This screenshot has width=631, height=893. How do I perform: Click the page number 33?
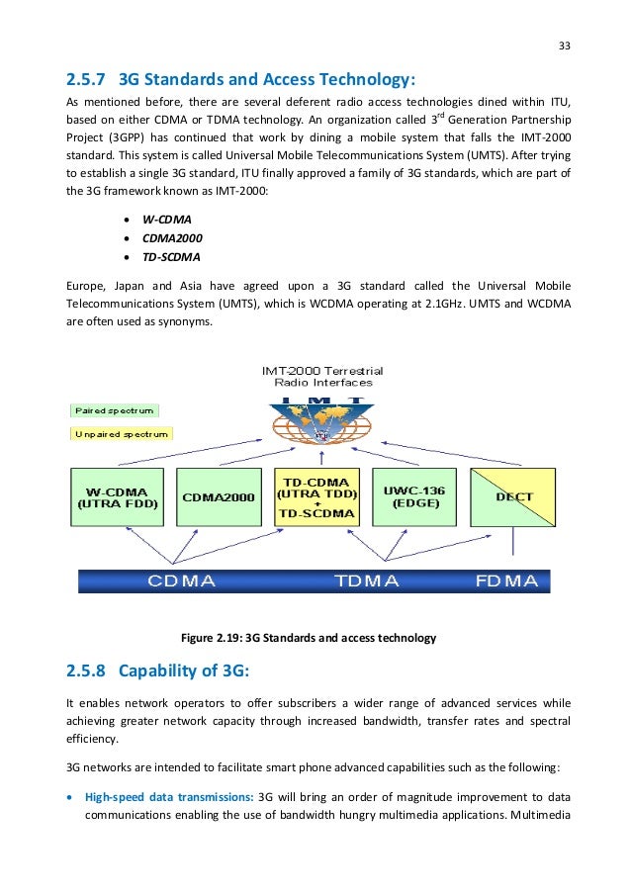[565, 45]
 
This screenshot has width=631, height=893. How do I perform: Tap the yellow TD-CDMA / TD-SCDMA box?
[315, 496]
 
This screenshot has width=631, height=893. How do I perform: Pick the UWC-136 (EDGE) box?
[413, 496]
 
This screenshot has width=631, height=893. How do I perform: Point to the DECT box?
[513, 496]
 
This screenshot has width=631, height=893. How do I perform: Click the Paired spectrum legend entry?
[115, 409]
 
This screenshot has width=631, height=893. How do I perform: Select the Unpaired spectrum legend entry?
[121, 433]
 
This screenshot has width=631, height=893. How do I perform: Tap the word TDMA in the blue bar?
[367, 580]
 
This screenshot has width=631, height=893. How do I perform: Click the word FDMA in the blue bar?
[506, 580]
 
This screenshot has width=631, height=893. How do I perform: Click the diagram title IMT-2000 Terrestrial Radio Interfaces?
[322, 377]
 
